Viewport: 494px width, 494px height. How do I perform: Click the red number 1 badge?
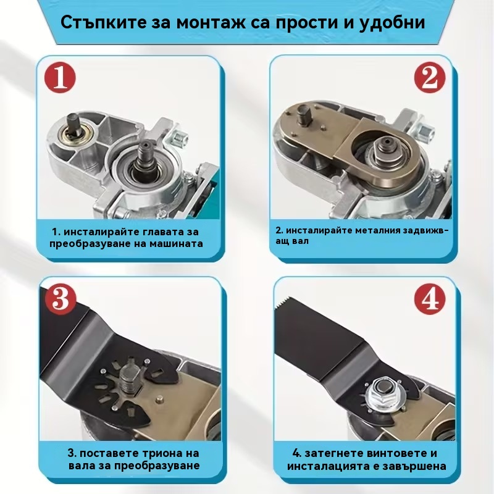point(60,78)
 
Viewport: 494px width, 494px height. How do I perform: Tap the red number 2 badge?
point(430,77)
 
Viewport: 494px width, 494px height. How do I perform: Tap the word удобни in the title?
point(392,23)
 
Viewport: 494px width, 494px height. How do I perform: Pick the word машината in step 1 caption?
point(176,244)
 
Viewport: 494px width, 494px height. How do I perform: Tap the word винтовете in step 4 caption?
point(389,453)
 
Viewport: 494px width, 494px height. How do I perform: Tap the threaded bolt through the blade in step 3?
point(130,379)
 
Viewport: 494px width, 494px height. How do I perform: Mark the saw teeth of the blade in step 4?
point(286,302)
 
